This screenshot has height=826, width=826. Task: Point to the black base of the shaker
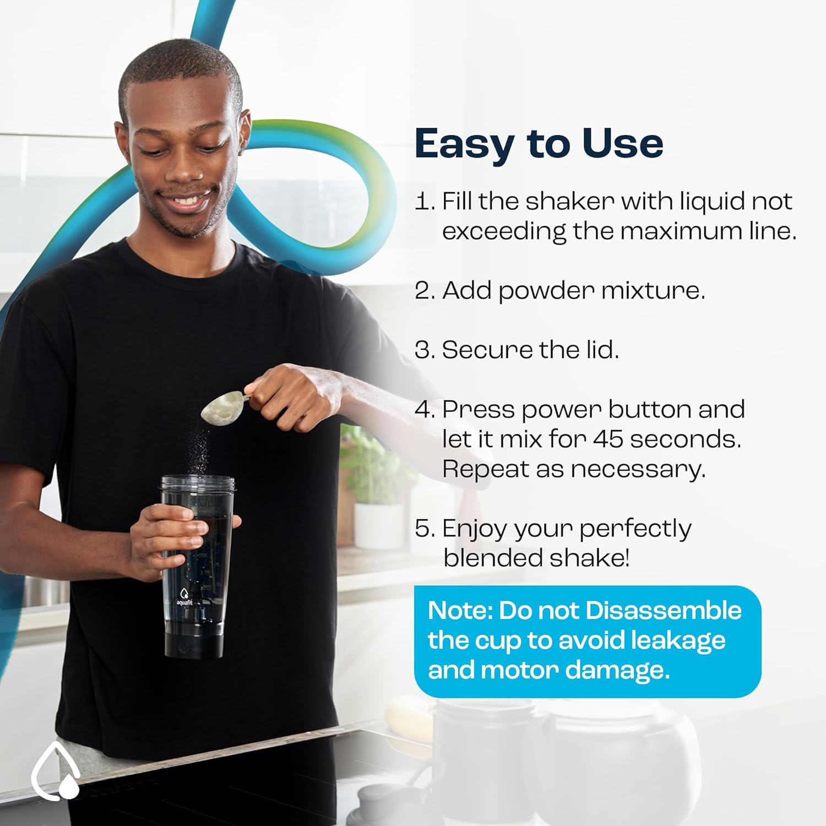tap(194, 643)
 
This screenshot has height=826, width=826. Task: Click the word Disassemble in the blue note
tap(664, 611)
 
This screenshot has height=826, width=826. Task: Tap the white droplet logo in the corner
tap(55, 770)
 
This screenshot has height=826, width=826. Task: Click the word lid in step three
tap(605, 350)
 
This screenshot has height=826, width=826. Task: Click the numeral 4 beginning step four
tap(422, 410)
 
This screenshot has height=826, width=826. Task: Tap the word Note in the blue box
tap(460, 611)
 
